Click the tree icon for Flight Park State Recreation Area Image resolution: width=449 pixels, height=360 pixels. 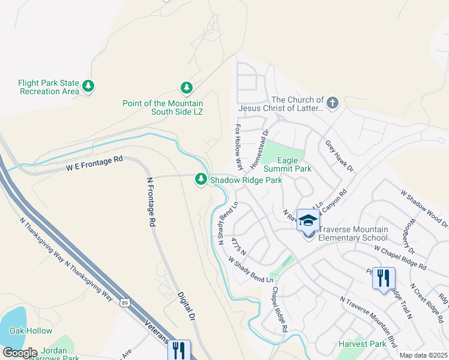[x=88, y=87]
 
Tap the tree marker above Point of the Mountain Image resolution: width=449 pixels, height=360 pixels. [x=186, y=88]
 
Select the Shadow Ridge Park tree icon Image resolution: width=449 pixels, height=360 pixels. [x=200, y=179]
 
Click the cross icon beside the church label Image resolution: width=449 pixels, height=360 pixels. [x=332, y=103]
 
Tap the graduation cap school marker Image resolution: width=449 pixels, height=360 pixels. [x=308, y=221]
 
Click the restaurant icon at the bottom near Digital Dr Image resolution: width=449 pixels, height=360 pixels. [x=179, y=349]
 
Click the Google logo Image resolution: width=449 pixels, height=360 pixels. [x=19, y=352]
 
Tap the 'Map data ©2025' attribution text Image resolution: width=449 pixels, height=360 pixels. [x=423, y=355]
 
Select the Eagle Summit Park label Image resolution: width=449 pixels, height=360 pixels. [x=294, y=164]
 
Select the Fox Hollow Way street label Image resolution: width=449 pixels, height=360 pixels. [x=239, y=148]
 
